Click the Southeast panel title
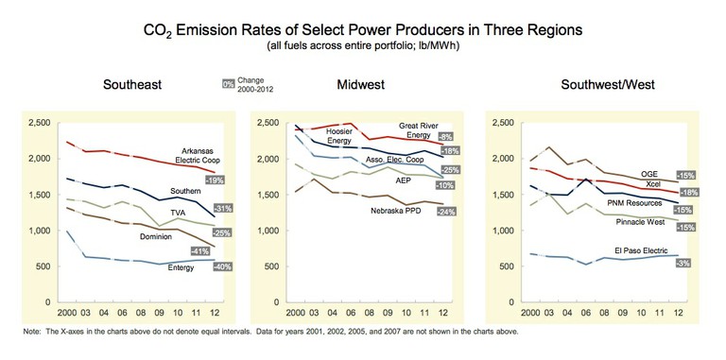click(132, 85)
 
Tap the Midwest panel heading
click(361, 85)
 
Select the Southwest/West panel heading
click(608, 85)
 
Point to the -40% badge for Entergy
click(222, 266)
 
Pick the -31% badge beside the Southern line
click(222, 208)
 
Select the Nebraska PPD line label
click(395, 211)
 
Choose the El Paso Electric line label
click(641, 250)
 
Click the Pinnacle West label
click(640, 222)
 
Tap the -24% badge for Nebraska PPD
click(446, 212)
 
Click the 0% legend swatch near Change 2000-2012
click(229, 85)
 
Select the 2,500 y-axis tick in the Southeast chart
click(40, 123)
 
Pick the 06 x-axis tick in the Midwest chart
click(351, 313)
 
